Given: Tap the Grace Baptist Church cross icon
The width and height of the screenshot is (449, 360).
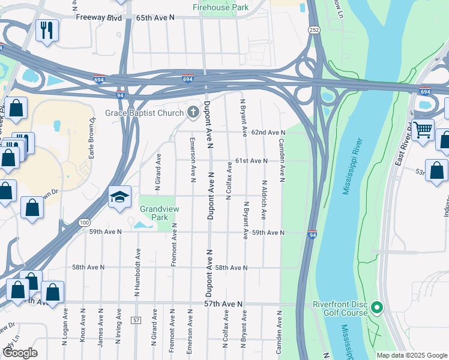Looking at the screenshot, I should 193,112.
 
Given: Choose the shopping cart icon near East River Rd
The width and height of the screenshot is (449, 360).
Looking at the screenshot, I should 423,128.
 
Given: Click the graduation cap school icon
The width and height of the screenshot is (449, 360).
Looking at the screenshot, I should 119,196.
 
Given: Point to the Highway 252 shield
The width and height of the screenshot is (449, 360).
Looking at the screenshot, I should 314,29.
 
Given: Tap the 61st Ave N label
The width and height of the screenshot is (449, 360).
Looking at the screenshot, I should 250,161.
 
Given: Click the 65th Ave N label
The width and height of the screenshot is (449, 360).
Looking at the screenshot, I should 155,18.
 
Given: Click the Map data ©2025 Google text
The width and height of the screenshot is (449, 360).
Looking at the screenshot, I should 411,355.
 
